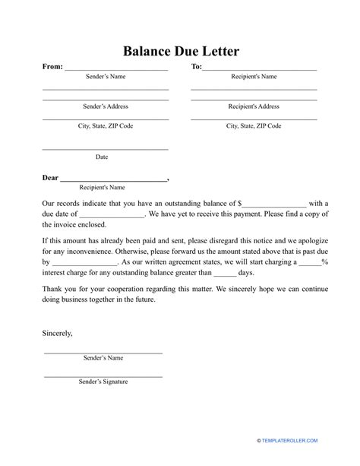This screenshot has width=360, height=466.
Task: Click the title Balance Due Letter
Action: pyautogui.click(x=180, y=52)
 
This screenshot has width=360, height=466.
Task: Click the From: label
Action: pyautogui.click(x=52, y=67)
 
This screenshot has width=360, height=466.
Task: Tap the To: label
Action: pyautogui.click(x=196, y=67)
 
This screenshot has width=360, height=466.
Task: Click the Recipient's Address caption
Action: pyautogui.click(x=254, y=106)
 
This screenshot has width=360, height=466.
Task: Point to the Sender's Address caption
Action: pyautogui.click(x=105, y=106)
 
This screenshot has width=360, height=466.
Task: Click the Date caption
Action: pyautogui.click(x=102, y=157)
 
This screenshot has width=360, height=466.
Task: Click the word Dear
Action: pyautogui.click(x=50, y=179)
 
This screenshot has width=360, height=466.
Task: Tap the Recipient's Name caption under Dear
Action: pyautogui.click(x=103, y=187)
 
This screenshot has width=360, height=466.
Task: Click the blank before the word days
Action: pyautogui.click(x=226, y=274)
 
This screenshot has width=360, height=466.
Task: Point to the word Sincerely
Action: pyautogui.click(x=58, y=333)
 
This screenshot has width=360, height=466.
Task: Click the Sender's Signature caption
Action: pyautogui.click(x=103, y=382)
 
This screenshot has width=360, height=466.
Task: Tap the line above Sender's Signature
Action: pyautogui.click(x=103, y=376)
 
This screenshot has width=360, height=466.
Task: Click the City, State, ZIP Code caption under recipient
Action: pyautogui.click(x=254, y=125)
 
